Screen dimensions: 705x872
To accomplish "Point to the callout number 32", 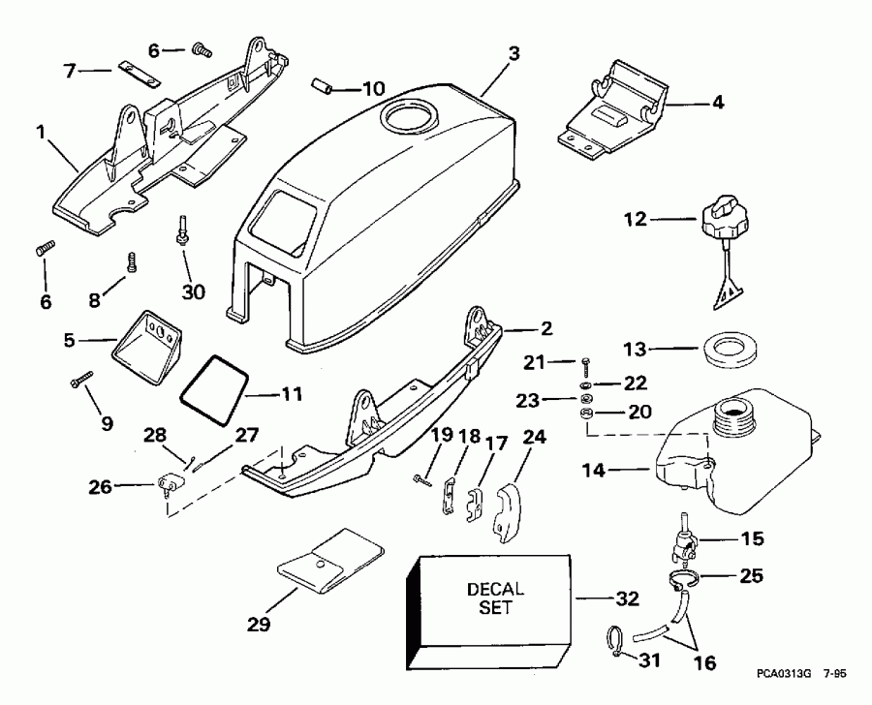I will pos(628,599).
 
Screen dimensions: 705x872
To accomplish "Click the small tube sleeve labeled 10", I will pos(321,88).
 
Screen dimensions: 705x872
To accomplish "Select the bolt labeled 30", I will pos(182,233).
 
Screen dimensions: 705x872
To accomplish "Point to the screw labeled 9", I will pos(77,383).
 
